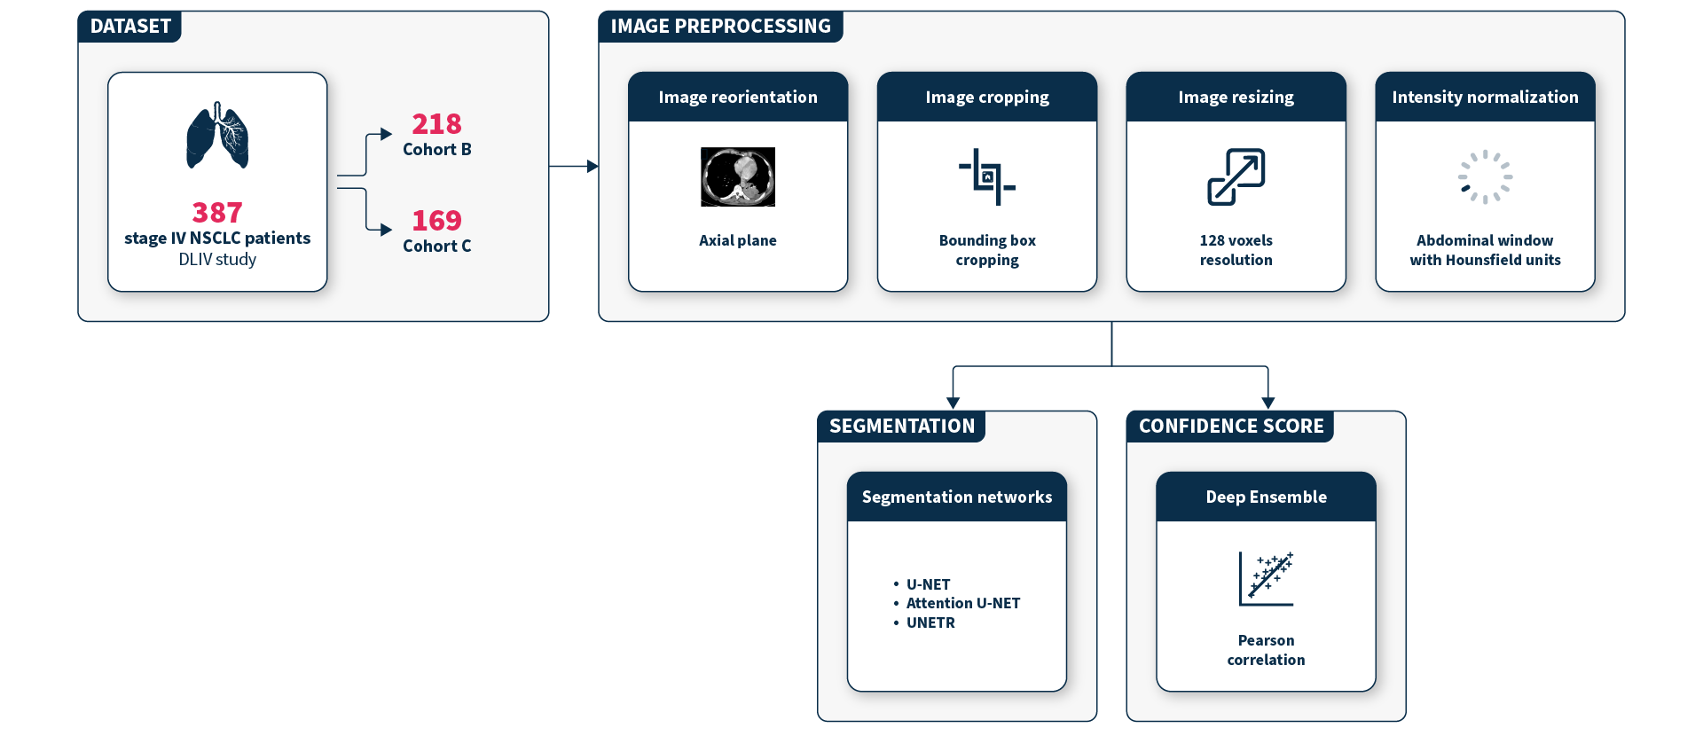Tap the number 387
point(217,213)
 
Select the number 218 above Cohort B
point(436,124)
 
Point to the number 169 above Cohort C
point(436,220)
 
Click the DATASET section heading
point(130,27)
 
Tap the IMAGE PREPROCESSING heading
point(720,27)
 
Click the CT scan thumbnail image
point(738,176)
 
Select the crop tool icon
point(986,176)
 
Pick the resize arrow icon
point(1236,176)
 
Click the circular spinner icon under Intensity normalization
point(1485,176)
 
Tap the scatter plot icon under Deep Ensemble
point(1266,578)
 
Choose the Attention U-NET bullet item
point(962,603)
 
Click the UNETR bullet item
point(930,622)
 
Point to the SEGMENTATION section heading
point(901,427)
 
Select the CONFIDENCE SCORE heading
point(1230,427)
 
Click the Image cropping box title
point(986,98)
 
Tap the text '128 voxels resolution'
point(1236,250)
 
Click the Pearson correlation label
point(1266,650)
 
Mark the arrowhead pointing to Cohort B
point(386,134)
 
